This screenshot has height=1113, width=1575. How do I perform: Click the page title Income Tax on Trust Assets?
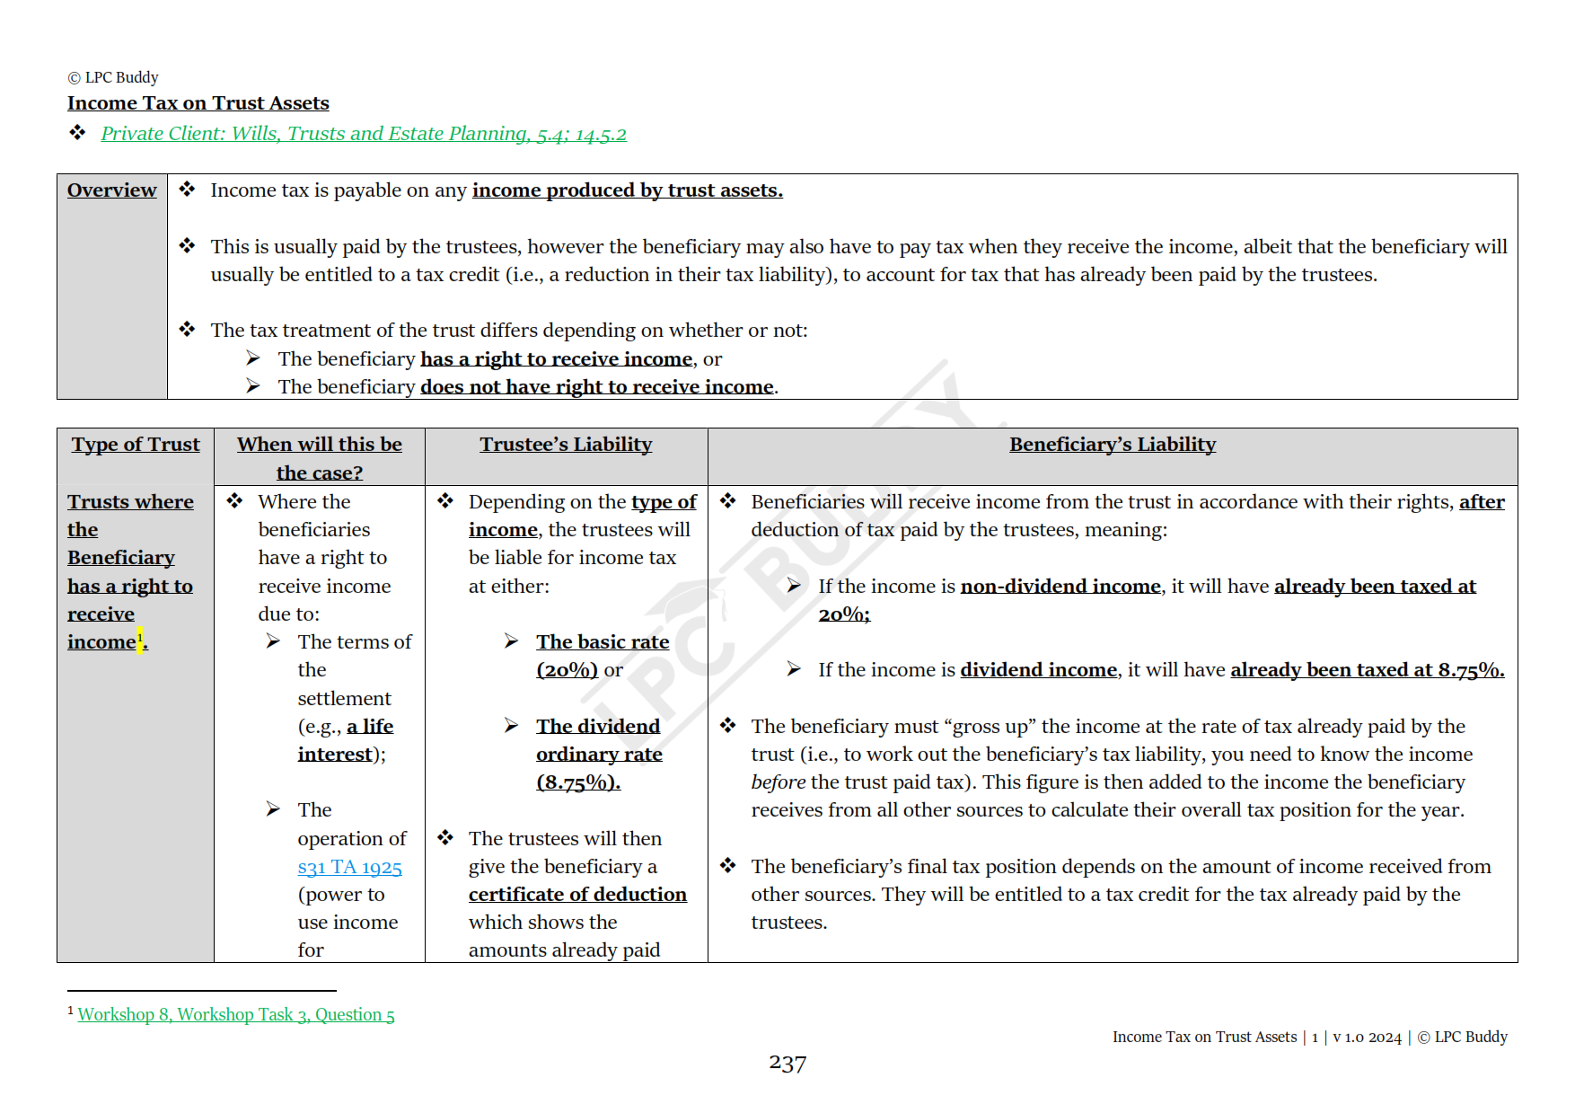pos(198,103)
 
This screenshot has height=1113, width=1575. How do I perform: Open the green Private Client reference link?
pos(363,134)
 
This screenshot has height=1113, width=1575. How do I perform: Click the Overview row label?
pos(111,190)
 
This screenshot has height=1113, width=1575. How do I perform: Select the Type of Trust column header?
pos(136,445)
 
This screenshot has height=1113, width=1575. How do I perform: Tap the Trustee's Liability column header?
pos(566,445)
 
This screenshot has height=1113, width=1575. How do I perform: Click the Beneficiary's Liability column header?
pos(1112,445)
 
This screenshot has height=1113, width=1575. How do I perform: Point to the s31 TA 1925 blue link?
pos(349,867)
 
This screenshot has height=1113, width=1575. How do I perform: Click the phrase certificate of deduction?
pos(577,895)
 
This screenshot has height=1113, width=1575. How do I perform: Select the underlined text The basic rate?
pos(603,642)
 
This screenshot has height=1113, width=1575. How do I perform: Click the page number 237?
pos(787,1064)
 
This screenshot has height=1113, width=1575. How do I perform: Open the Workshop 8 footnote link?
pos(236,1015)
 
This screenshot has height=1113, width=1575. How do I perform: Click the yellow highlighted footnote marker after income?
pos(140,639)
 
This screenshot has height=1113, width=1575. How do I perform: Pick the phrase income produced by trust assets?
pos(627,190)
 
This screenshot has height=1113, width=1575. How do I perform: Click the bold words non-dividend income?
pos(1060,587)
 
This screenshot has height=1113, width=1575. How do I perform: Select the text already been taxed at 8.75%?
pos(1366,670)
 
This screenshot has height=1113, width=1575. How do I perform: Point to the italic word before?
pos(778,782)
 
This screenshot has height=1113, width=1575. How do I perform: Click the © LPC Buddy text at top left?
pos(113,77)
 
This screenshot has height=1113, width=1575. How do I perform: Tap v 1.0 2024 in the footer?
pos(1367,1038)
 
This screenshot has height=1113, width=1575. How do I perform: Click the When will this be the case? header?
pos(319,458)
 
